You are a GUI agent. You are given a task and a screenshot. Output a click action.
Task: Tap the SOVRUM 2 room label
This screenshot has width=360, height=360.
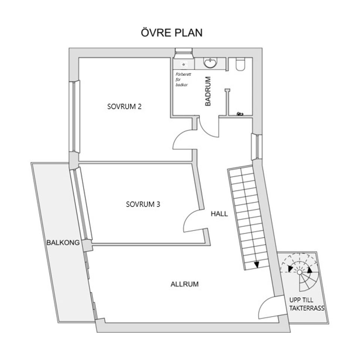tap(124, 106)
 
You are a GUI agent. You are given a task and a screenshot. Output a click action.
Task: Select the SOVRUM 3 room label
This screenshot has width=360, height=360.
tap(143, 204)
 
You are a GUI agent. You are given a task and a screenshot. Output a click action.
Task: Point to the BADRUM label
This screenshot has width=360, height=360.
tap(208, 91)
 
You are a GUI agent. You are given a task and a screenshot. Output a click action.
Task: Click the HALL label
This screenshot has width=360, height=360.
tap(219, 214)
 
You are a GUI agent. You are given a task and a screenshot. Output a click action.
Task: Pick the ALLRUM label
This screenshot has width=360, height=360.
tap(184, 284)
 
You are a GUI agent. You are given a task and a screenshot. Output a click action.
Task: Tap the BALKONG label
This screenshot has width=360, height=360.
tap(63, 243)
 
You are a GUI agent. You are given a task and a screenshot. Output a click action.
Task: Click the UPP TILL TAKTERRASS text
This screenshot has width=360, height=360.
tap(307, 304)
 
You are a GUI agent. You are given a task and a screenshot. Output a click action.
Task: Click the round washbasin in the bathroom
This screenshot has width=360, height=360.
tap(210, 63)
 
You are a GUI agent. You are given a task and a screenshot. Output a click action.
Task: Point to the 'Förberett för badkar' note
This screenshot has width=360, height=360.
tap(183, 79)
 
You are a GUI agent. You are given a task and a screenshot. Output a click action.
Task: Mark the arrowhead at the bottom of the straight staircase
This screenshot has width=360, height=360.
tap(256, 265)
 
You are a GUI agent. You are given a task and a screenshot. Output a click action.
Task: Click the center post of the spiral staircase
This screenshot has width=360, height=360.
tap(299, 272)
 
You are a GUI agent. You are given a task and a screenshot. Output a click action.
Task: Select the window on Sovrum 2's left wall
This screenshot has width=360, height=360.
tap(74, 116)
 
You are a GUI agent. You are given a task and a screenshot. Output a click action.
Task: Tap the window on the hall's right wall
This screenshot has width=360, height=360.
tap(256, 147)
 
